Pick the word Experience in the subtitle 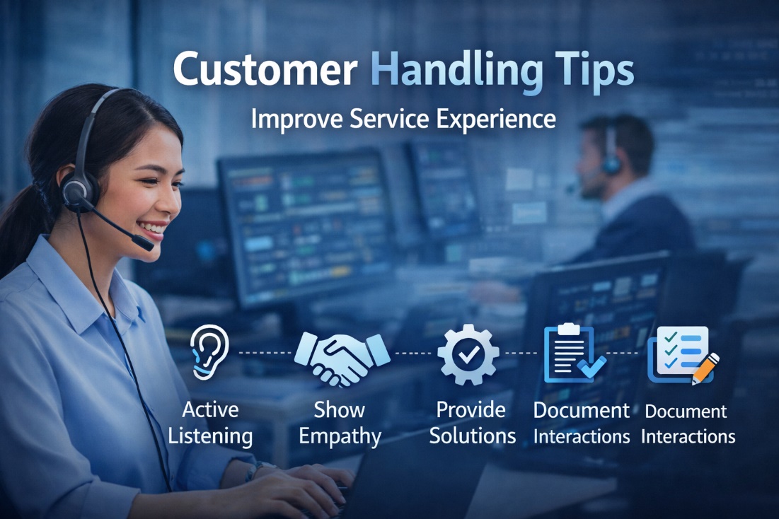(495, 119)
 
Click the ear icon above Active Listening (209, 351)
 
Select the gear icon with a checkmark (468, 354)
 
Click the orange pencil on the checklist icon (705, 368)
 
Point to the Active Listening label (210, 423)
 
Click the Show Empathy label (340, 423)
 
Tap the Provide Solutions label (472, 423)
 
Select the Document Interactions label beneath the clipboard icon (581, 423)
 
